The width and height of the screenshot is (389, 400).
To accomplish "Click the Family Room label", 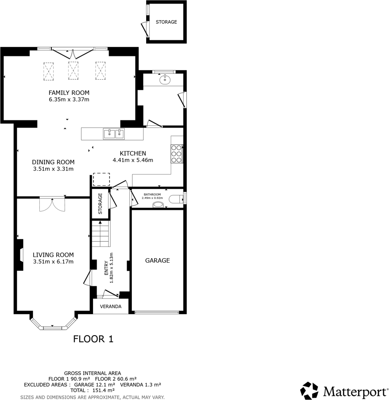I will (x=69, y=93).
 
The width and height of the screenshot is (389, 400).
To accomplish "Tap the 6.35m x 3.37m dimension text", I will (x=69, y=99).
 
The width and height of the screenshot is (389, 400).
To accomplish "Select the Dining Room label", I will (x=53, y=162).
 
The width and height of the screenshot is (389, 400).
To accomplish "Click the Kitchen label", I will (x=133, y=153).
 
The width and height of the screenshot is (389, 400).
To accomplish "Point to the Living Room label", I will (x=53, y=255).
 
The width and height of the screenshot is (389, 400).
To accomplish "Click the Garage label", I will (x=157, y=260).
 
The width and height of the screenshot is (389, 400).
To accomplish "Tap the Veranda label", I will (x=110, y=306).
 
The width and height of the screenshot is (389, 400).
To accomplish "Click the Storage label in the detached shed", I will (x=166, y=22).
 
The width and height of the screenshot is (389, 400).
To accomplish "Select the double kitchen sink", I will (x=114, y=133).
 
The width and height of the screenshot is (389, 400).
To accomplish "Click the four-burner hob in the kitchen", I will (x=177, y=153).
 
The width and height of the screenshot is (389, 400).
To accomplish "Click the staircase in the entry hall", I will (x=101, y=235).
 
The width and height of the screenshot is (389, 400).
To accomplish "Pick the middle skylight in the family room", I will (x=73, y=70).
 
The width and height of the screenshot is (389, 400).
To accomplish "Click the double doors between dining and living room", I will (x=52, y=204).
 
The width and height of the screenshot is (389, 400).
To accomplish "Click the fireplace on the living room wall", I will (x=20, y=255).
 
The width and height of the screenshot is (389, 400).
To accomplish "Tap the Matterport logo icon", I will (x=309, y=390).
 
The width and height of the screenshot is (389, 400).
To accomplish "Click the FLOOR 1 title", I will (x=93, y=339).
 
